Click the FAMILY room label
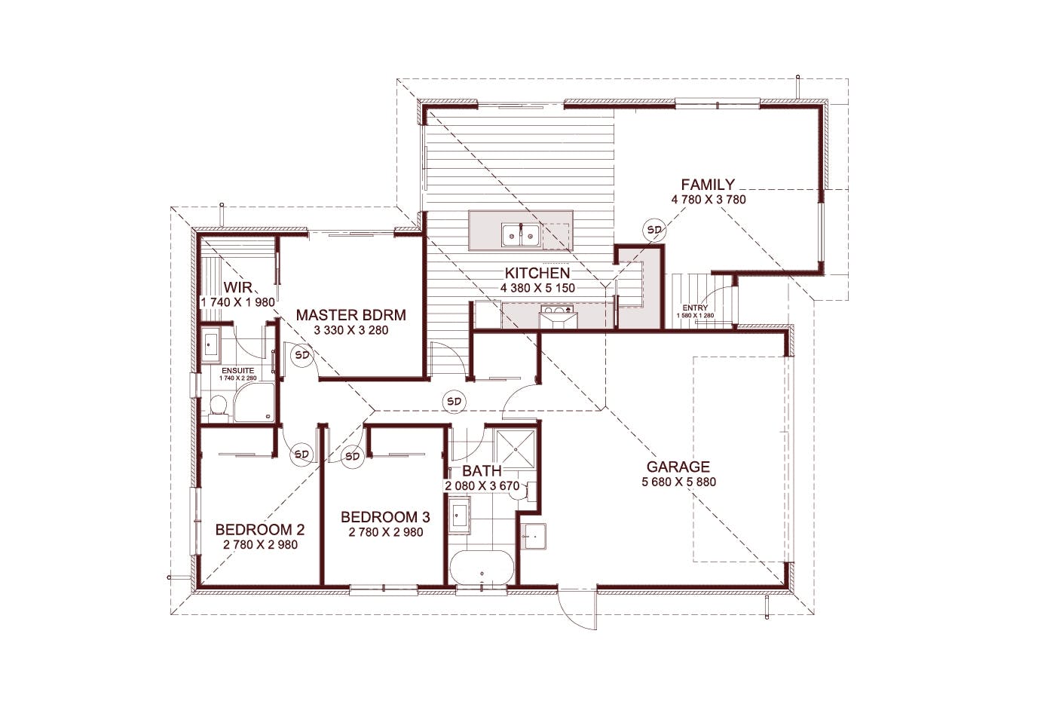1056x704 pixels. (708, 184)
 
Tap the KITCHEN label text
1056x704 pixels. (537, 273)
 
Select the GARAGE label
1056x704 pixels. (678, 467)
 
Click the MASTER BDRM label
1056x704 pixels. (350, 315)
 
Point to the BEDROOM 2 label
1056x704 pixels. (260, 530)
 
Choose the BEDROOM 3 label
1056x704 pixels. (385, 517)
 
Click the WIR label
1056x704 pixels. (238, 287)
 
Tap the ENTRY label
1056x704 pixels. (695, 308)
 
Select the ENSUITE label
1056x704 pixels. (237, 371)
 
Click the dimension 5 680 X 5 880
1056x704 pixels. (678, 482)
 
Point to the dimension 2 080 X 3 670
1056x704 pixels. (482, 486)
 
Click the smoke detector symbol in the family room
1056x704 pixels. (653, 230)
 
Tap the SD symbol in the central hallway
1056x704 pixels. (454, 401)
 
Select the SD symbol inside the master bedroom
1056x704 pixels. (302, 354)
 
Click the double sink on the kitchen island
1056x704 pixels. (520, 235)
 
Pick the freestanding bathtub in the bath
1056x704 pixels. (482, 568)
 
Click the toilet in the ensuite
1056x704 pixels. (219, 409)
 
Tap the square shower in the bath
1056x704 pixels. (516, 450)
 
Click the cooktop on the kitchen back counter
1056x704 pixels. (559, 311)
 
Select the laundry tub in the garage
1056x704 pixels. (535, 536)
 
